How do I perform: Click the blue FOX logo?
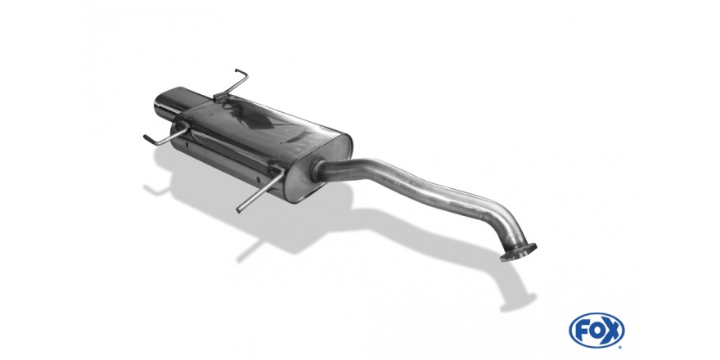coord(596,331)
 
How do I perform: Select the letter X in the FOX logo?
coord(612,331)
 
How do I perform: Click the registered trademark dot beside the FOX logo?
coord(621,347)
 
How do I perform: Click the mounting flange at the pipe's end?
coord(518,252)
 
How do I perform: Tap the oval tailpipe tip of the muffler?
coord(172,105)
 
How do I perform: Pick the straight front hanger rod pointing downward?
coord(260,189)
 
